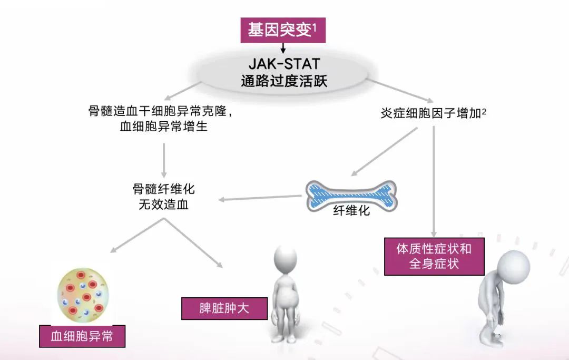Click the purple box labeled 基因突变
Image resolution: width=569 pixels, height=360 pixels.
[283, 30]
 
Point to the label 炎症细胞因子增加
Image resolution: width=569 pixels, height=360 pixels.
[430, 113]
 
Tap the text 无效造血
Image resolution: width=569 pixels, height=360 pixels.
[163, 205]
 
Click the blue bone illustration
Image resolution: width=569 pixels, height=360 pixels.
[351, 194]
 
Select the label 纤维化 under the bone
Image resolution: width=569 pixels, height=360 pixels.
[351, 211]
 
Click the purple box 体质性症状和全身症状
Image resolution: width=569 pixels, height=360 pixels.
[434, 256]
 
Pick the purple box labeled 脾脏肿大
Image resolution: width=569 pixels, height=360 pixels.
[224, 308]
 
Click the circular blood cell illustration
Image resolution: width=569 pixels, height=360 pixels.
[82, 296]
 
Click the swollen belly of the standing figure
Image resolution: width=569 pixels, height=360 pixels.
[288, 298]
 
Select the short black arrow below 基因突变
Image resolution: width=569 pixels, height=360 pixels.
[283, 48]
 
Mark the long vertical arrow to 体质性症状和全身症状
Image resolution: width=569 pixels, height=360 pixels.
[434, 179]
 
